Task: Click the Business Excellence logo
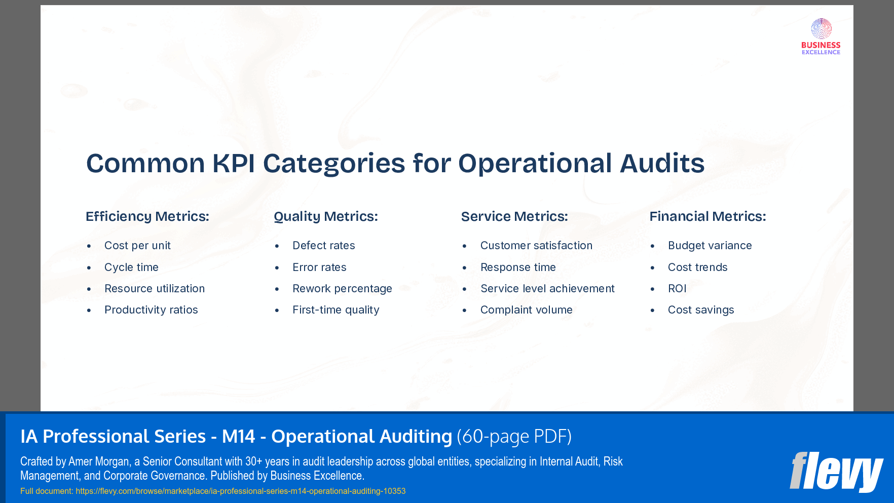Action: pos(821,36)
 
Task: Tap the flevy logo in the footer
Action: pos(836,472)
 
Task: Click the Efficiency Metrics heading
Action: pos(147,216)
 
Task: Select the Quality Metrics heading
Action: pos(326,216)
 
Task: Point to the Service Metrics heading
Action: pos(514,216)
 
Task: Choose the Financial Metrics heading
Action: pos(707,216)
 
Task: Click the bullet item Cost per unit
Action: pos(137,246)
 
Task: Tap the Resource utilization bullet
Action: pos(155,289)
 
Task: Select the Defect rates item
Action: pos(324,246)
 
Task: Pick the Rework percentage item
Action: pos(342,289)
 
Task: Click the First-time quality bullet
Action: pos(336,310)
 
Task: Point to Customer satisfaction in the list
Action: pos(536,246)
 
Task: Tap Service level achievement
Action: pos(547,289)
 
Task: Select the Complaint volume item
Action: pos(526,310)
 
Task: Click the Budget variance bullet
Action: pos(710,246)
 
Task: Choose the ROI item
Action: pos(677,289)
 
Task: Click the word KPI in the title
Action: pos(234,164)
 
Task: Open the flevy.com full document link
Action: pos(241,491)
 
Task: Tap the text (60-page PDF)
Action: pos(514,437)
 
